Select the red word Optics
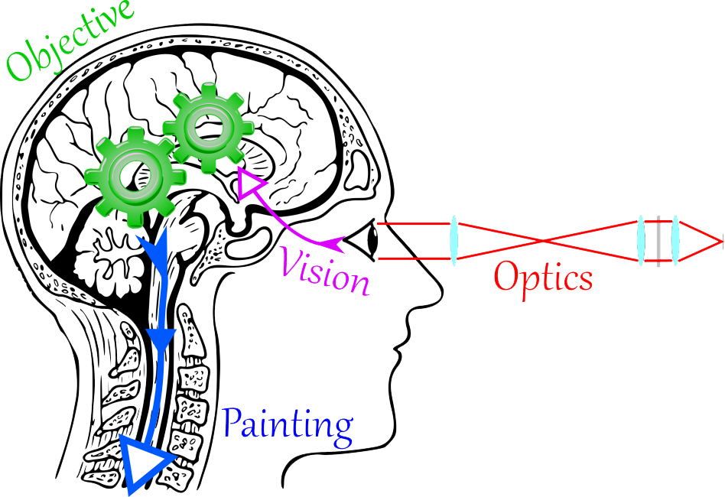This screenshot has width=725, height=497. pos(544,276)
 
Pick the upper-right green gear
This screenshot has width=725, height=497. pos(204,129)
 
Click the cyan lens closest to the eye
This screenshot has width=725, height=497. pos(454,240)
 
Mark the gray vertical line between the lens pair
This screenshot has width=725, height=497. pos(658,241)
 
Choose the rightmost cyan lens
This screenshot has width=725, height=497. pos(675,241)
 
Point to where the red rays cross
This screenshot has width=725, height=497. pos(545,242)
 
